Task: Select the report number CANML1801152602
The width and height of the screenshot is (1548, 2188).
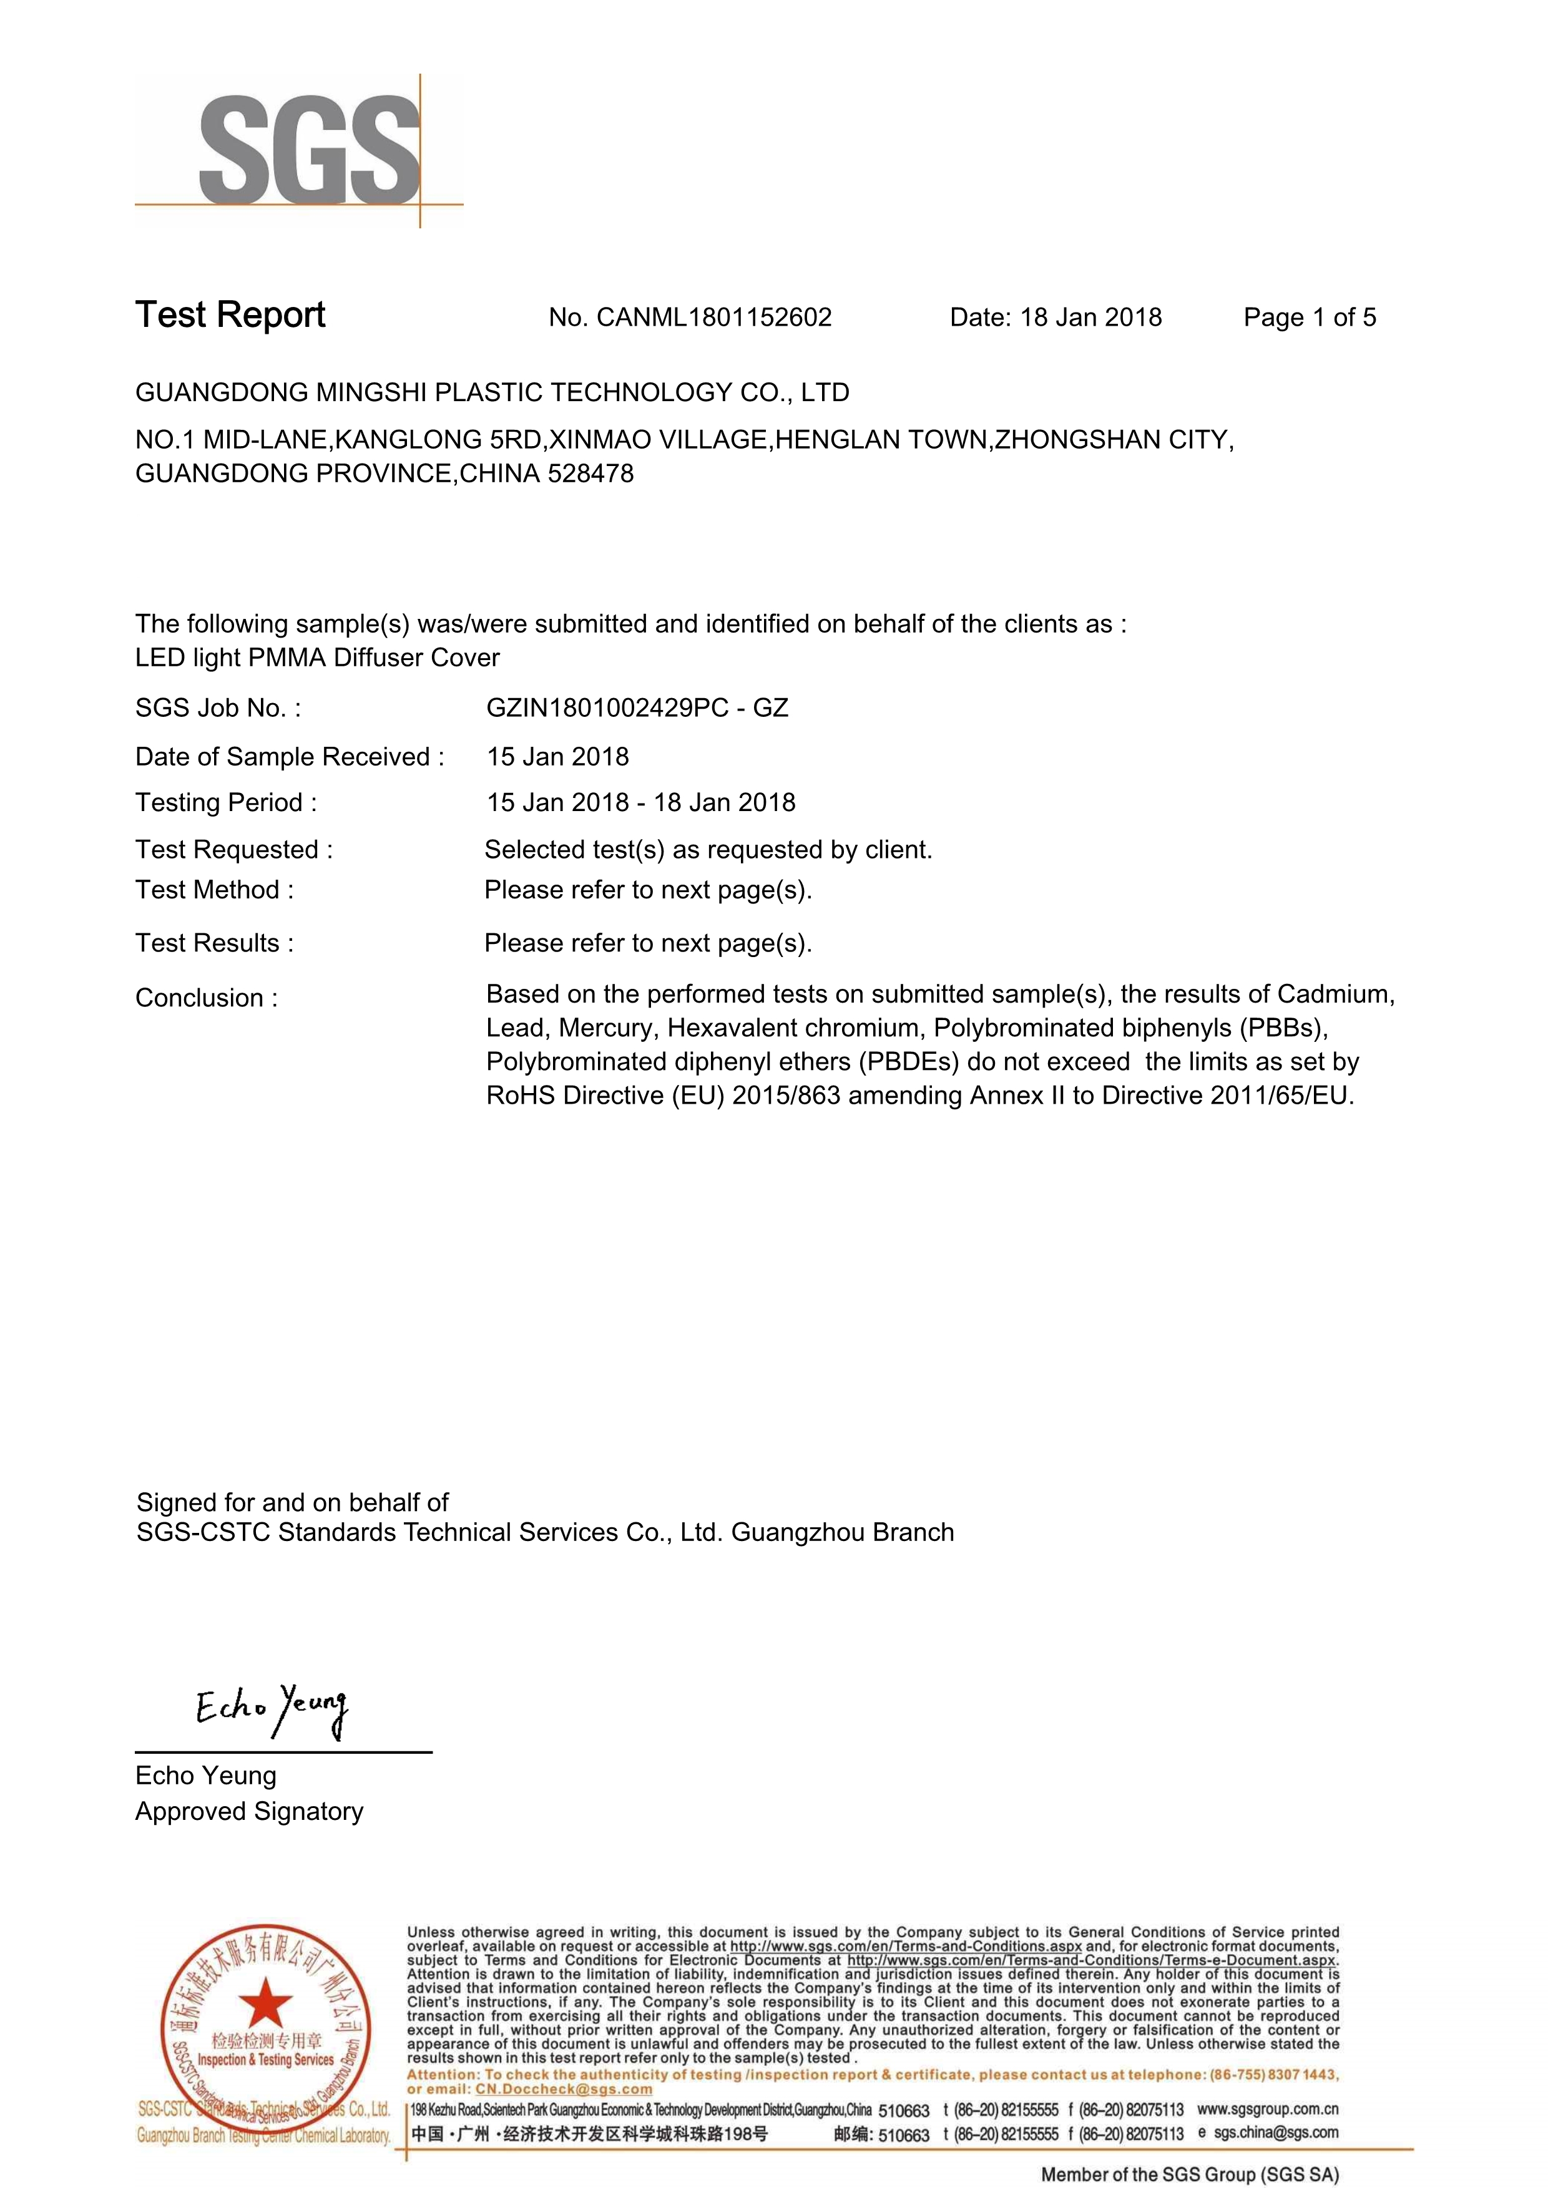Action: [714, 318]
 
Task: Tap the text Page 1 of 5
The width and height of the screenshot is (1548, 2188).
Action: [1309, 318]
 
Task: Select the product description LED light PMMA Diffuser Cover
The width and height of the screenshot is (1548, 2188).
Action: [318, 658]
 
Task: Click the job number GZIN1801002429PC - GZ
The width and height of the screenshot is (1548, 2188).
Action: [637, 708]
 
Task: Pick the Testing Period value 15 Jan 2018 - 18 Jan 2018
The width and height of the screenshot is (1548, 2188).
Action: [640, 802]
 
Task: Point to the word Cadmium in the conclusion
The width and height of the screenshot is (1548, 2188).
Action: [1335, 994]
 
